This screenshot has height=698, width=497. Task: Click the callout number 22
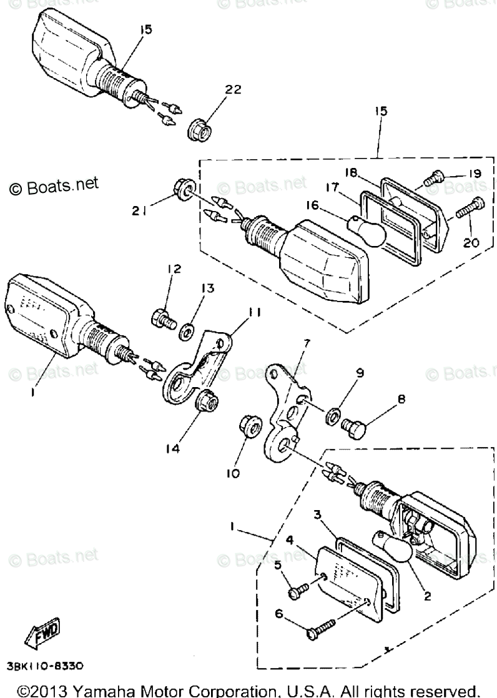pyautogui.click(x=232, y=90)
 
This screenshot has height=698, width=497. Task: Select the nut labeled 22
pyautogui.click(x=200, y=130)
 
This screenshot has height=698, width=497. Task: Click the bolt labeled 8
pyautogui.click(x=355, y=429)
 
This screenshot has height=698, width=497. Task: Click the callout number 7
pyautogui.click(x=307, y=343)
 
